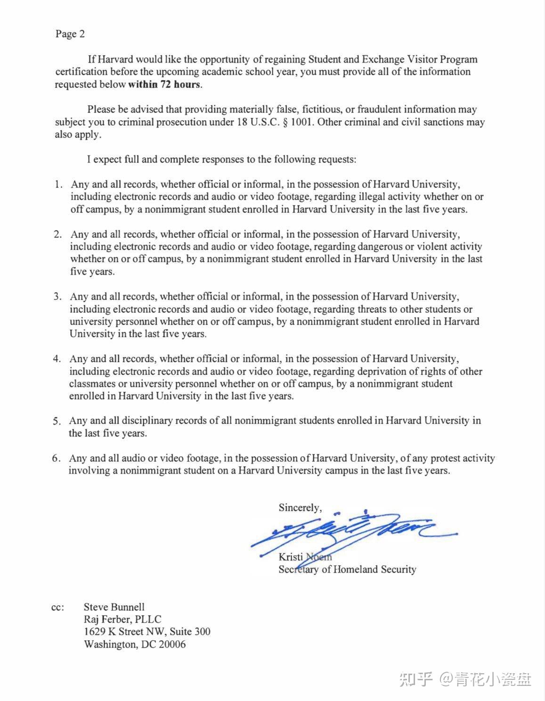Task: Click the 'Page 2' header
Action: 70,34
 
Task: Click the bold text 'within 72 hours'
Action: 164,85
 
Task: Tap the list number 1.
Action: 58,184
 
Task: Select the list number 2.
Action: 57,234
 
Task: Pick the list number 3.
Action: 57,297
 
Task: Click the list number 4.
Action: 57,359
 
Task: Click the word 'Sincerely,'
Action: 300,508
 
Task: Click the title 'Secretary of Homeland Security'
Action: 347,569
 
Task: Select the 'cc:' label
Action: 57,608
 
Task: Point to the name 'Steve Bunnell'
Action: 114,607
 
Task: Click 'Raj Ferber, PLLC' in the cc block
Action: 122,619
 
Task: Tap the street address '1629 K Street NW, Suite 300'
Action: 147,632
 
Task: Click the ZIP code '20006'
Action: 172,644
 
